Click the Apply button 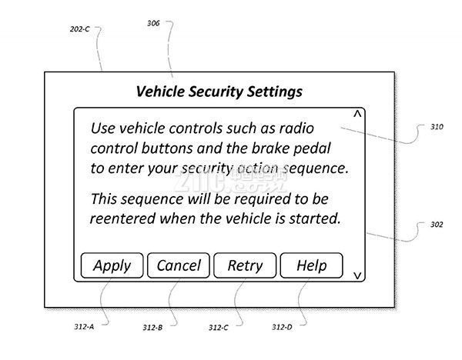(112, 265)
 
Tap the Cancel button (179, 265)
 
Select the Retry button (245, 265)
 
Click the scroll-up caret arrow (357, 114)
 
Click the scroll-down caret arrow (357, 275)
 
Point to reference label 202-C (79, 29)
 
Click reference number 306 (153, 23)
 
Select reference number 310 (437, 127)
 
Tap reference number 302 (437, 225)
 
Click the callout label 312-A (84, 326)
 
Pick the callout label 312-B (152, 328)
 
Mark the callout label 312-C (219, 328)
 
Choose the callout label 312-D (282, 327)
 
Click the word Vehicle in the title (160, 92)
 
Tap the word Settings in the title (275, 92)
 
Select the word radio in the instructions (296, 128)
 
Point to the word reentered (122, 218)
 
